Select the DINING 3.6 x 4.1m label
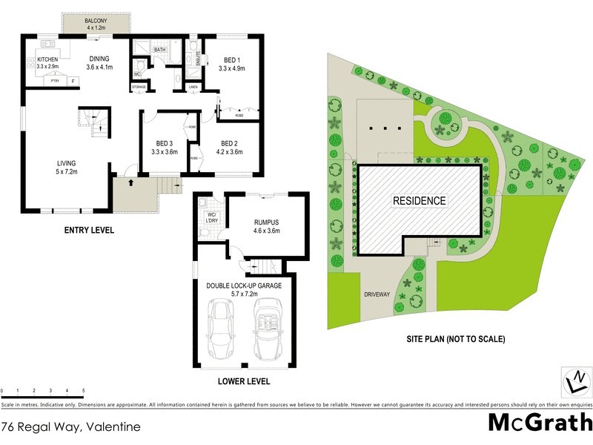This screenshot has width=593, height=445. tap(99, 63)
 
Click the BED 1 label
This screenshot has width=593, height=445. tap(232, 64)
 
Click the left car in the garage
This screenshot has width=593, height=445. tap(220, 328)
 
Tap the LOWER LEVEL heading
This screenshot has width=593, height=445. tap(244, 382)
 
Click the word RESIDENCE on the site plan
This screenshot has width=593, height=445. tap(419, 200)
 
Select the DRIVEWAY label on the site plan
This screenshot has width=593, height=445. tap(378, 294)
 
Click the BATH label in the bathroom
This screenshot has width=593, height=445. tap(160, 50)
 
